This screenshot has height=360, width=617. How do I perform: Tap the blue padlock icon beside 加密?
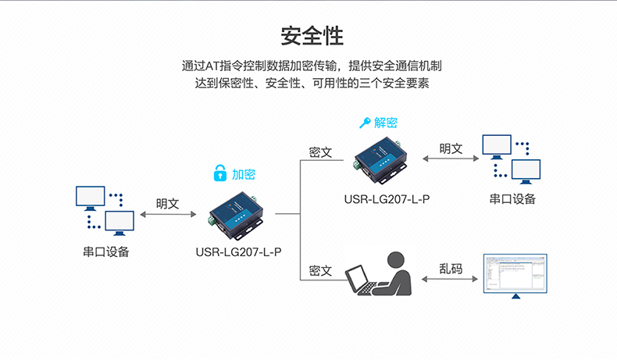point(221,174)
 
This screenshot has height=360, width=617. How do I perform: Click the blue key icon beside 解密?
point(364,123)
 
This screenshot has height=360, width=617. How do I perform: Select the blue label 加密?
point(244,175)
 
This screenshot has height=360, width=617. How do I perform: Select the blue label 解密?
point(386,123)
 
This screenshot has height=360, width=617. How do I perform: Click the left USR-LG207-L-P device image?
point(239,215)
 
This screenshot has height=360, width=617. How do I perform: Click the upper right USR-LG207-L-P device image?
point(381,161)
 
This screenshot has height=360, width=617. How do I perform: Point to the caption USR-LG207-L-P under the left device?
point(238,252)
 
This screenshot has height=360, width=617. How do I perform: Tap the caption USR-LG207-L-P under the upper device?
point(387,199)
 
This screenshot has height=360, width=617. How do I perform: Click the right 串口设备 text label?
point(512,199)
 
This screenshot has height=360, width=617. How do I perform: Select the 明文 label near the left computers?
point(168,204)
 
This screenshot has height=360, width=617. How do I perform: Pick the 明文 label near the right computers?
point(451,148)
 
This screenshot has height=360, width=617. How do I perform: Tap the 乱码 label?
point(451,269)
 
